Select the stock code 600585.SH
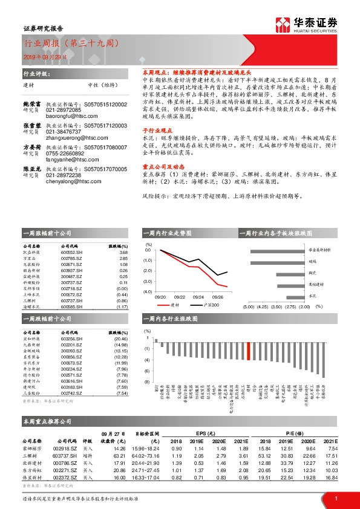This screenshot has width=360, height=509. (73, 306)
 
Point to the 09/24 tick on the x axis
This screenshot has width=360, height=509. (198, 297)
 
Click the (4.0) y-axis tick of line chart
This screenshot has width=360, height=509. (148, 291)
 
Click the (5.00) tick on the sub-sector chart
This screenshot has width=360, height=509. (248, 307)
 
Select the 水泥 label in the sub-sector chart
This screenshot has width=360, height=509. (313, 296)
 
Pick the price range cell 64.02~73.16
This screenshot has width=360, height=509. (146, 455)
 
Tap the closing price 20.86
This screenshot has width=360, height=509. (119, 468)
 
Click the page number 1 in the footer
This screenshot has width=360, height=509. (335, 499)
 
